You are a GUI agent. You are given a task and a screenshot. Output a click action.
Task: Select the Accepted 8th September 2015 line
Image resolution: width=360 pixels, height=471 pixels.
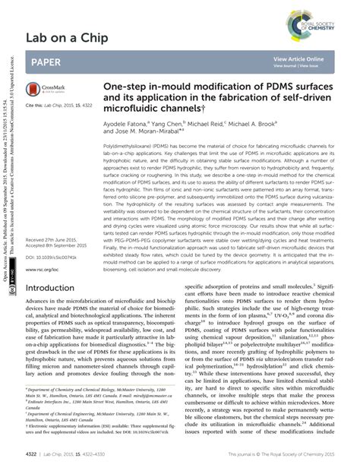click(x=58, y=246)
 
